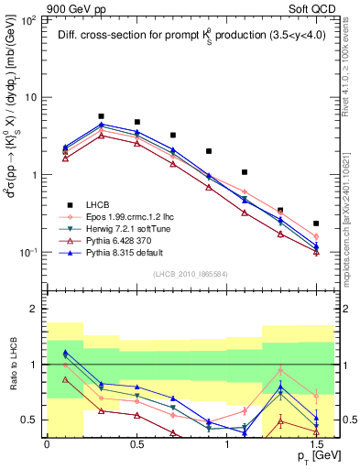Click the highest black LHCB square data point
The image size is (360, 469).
tap(101, 116)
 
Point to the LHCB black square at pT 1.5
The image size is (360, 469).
tap(316, 223)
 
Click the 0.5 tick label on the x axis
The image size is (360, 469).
tap(136, 442)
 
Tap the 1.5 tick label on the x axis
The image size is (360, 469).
tap(316, 442)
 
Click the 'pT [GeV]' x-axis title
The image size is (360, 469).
tap(311, 456)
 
